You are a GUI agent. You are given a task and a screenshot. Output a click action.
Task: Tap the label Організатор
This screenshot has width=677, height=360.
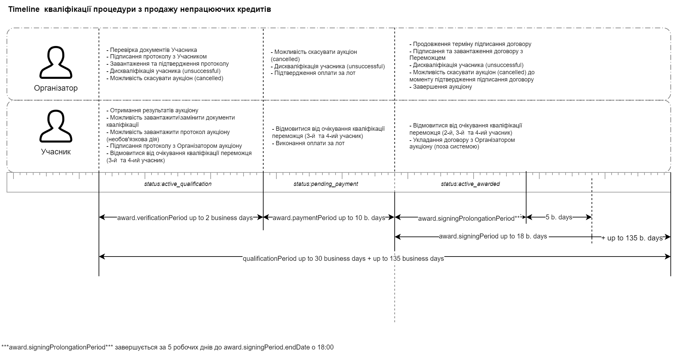(x=56, y=88)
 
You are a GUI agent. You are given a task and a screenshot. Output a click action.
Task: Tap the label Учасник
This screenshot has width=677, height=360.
(x=56, y=152)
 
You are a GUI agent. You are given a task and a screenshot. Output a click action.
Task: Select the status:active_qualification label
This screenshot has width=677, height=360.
(x=178, y=184)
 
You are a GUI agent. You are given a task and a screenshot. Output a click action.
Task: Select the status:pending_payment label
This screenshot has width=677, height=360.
(x=326, y=184)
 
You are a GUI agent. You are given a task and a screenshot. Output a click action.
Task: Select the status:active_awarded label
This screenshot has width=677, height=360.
(x=470, y=184)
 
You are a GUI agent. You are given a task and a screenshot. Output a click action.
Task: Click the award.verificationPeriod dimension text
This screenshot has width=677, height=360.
(x=185, y=218)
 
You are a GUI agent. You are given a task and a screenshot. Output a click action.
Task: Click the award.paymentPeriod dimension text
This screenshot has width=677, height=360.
(x=329, y=218)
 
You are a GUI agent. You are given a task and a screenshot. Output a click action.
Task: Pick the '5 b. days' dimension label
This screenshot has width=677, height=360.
(x=559, y=217)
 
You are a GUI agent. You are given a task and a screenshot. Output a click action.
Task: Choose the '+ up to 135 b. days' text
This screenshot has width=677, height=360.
(x=632, y=238)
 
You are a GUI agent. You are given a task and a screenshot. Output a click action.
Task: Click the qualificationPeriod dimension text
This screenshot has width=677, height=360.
(x=343, y=259)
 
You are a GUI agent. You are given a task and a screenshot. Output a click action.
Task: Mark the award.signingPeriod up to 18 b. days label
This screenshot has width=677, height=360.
(x=493, y=236)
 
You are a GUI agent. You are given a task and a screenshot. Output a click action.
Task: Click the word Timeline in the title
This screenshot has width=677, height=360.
(x=24, y=10)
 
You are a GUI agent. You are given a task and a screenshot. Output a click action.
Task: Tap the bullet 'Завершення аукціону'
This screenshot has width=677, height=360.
(x=442, y=87)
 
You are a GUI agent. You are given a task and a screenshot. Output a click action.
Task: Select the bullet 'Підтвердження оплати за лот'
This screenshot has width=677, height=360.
(x=315, y=73)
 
